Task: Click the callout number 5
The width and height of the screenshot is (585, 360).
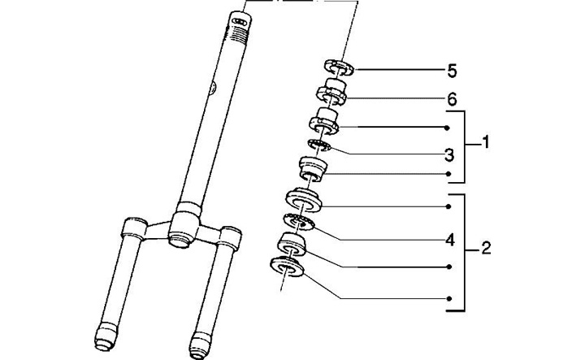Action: (x=452, y=71)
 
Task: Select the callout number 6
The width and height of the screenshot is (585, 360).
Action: (x=452, y=99)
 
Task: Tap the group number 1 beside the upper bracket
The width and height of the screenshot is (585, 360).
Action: (x=485, y=142)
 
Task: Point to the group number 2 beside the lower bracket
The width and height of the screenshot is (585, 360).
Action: (x=486, y=248)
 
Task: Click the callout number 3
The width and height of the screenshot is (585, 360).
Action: (x=449, y=155)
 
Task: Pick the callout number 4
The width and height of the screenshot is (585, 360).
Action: (x=450, y=240)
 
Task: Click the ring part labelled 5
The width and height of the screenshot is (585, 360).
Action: (x=338, y=67)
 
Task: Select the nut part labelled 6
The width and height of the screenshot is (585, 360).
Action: (x=331, y=92)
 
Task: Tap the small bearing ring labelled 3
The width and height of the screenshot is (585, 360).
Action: (x=319, y=145)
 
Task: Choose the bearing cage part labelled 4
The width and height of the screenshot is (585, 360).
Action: (x=300, y=223)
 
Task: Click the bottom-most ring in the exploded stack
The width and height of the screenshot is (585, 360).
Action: (x=287, y=267)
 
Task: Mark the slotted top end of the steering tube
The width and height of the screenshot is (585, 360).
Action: (x=240, y=20)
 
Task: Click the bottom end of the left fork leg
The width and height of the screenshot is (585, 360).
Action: (x=104, y=340)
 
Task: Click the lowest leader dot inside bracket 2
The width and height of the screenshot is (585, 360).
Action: (x=449, y=298)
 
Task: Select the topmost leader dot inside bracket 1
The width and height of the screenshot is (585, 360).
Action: (x=447, y=128)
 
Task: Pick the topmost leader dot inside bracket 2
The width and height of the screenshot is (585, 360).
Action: (x=448, y=206)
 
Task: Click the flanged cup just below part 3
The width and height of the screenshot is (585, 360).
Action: (x=314, y=169)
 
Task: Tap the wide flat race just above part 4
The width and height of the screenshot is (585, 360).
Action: (x=303, y=201)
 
